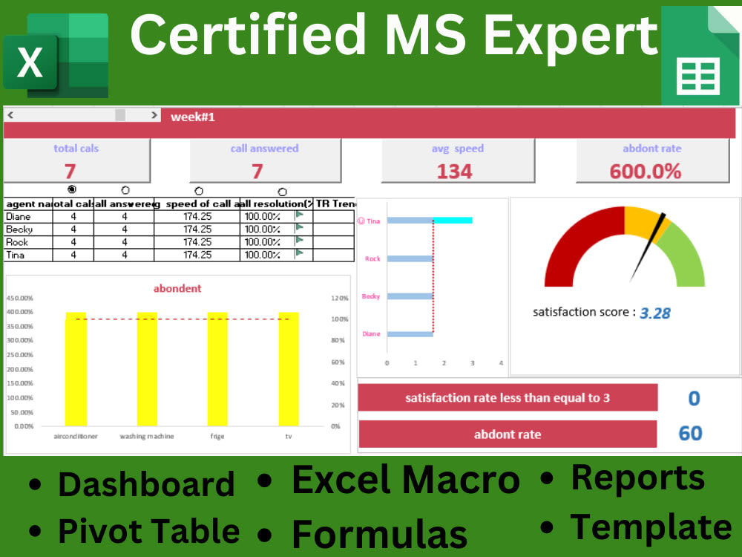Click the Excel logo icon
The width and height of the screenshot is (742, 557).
(x=56, y=56)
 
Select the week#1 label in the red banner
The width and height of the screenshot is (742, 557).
(x=193, y=117)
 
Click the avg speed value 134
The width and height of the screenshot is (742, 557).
(x=454, y=172)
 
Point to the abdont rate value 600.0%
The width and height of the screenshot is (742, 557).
(x=646, y=172)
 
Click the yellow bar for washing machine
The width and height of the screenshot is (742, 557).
(x=147, y=369)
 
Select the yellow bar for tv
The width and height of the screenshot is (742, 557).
(x=289, y=369)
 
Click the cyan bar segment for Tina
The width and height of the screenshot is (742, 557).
(x=453, y=220)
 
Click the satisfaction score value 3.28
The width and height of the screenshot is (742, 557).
(x=655, y=313)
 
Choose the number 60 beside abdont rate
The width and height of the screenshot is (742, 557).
(x=691, y=433)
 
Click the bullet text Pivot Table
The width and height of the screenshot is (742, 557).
(x=148, y=531)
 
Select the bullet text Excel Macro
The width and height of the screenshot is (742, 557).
(x=405, y=481)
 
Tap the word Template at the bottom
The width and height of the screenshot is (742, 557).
(x=650, y=527)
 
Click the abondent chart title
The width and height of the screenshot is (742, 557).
(x=177, y=288)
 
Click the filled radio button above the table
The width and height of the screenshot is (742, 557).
(x=71, y=189)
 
